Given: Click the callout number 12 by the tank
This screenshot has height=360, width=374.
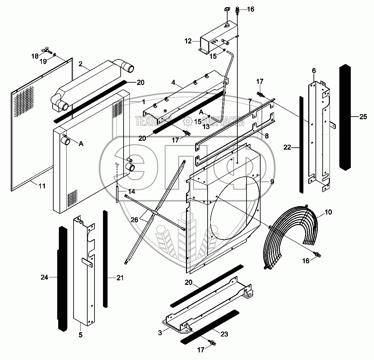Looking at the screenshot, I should point(188,41).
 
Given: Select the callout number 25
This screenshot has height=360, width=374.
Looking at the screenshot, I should point(363,117).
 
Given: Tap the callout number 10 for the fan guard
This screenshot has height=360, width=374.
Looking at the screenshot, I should point(328,212).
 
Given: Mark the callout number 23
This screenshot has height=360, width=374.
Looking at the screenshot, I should point(224,334).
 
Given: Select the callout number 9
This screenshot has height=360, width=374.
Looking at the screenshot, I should point(272,181).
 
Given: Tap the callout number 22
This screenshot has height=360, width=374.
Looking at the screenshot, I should point(287,147).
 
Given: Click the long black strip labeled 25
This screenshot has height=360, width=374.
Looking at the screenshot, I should point(345,118).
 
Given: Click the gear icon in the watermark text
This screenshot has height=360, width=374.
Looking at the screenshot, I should point(188,122).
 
